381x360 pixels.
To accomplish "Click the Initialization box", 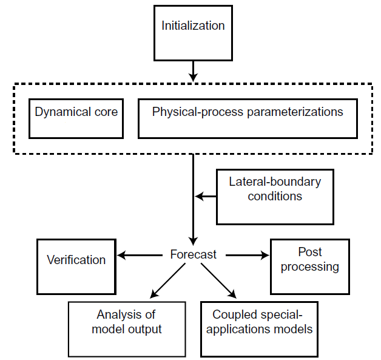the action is [193, 33].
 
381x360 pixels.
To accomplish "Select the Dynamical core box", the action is [76, 118].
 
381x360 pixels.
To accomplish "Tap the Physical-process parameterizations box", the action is [248, 118].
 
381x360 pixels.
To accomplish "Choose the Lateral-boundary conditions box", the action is [275, 197].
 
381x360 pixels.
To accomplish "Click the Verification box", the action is [76, 267].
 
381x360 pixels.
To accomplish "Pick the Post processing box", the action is [310, 267].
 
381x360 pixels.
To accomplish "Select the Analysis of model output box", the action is [127, 330].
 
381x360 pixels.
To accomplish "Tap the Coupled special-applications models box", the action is [260, 330].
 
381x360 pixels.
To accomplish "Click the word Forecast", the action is [193, 254].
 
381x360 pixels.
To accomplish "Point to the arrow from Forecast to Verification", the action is [140, 255].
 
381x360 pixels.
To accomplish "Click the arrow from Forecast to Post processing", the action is [248, 255].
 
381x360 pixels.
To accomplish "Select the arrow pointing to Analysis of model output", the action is [167, 280].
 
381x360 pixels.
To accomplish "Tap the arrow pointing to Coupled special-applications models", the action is [218, 280].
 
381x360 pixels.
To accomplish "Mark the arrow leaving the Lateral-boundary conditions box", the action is [206, 196].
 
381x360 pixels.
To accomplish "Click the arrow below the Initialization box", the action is [193, 72].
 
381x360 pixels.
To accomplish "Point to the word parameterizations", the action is [295, 112].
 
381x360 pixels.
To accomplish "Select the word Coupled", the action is [231, 315].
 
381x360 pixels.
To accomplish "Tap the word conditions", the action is [275, 196].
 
